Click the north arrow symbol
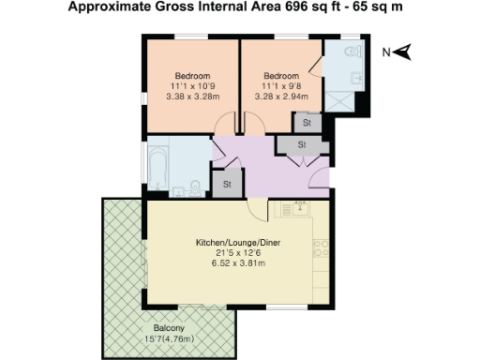[404, 53]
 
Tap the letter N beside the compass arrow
[386, 53]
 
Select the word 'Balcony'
[169, 328]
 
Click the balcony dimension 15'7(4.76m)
[169, 338]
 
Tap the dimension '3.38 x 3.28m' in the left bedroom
[192, 96]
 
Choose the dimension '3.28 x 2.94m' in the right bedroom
[280, 96]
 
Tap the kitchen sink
[302, 208]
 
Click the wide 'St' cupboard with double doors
[301, 145]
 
